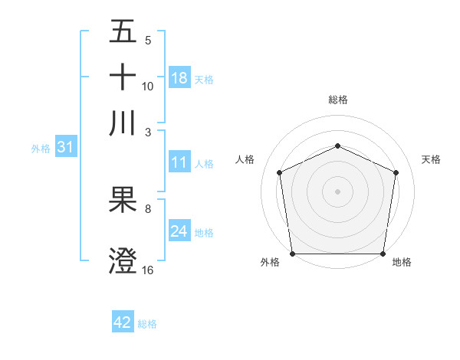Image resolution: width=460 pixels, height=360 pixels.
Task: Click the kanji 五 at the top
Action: coord(123,31)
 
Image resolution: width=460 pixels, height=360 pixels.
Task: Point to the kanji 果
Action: coord(123,201)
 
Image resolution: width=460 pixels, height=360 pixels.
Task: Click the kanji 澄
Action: coord(123,260)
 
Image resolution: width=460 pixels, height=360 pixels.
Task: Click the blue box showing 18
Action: coord(179,78)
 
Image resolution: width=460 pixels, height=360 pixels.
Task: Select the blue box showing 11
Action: coord(179,162)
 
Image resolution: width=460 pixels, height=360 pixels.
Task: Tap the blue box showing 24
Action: coord(179,231)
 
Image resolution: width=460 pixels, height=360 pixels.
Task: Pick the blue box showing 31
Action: coord(64,147)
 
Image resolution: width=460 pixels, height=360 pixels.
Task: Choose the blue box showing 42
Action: coord(123,322)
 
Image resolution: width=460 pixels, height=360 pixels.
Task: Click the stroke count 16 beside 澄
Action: coord(148,270)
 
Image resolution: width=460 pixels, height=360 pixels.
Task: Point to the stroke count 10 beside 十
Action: coord(148,86)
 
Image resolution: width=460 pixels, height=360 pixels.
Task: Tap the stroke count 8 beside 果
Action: coord(148,208)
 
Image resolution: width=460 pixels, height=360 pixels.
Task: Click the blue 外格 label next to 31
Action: coord(41,148)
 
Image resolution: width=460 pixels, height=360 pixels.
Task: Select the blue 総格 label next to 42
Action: coord(147,323)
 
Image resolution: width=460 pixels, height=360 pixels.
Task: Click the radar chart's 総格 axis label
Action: coord(337,100)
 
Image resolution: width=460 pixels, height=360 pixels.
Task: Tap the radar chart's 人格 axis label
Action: coord(245,159)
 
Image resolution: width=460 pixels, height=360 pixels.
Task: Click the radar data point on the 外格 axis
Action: coord(293,253)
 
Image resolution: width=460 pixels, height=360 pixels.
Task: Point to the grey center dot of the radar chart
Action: coord(337,191)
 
